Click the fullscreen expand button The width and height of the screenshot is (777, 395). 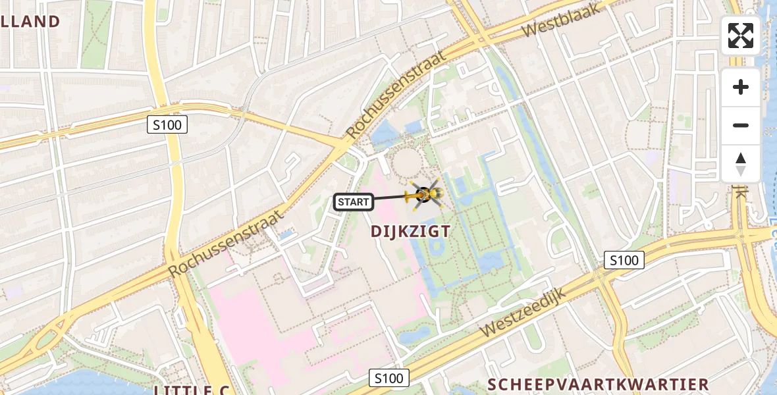coord(741,36)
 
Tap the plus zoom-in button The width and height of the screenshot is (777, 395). coord(741,87)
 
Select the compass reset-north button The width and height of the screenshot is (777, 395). coord(741,164)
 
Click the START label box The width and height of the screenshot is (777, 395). coord(354,202)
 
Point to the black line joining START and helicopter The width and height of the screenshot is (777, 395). coord(392,197)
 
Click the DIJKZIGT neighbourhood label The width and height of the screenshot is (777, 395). coord(410,231)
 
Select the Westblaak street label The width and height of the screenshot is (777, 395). coord(553,20)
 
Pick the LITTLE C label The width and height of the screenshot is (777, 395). coord(192,390)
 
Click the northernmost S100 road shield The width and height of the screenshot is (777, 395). coord(167,124)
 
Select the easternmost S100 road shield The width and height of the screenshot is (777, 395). coord(624,260)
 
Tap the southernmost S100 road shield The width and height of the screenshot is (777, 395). coord(388,378)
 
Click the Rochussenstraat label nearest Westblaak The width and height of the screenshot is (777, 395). coord(395,92)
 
